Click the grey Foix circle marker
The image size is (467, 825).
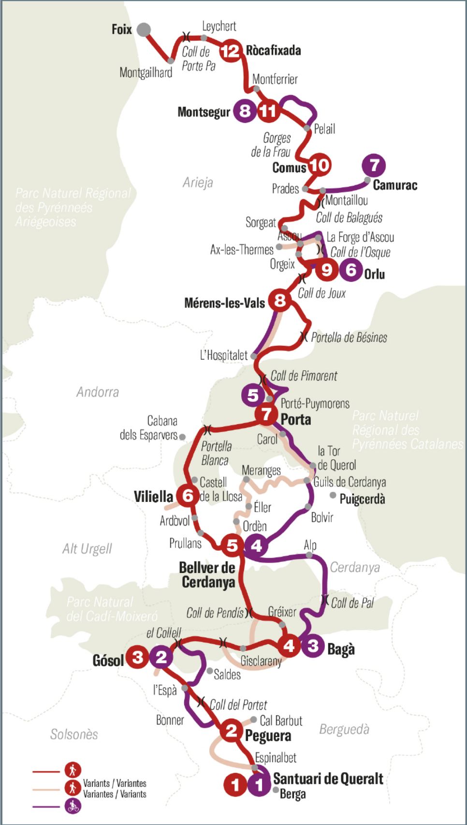tap(144, 30)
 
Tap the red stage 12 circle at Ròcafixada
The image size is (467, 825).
tap(230, 50)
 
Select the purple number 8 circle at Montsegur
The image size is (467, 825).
tap(245, 111)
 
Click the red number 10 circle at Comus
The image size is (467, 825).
tap(319, 165)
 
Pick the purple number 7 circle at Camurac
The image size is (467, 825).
tap(374, 165)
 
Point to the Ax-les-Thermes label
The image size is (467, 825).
tap(242, 250)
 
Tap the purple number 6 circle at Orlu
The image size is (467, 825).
tap(351, 269)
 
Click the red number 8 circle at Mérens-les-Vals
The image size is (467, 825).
tap(279, 301)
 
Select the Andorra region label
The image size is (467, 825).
tap(98, 392)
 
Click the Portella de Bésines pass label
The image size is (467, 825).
tap(349, 338)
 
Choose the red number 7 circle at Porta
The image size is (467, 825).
tap(266, 414)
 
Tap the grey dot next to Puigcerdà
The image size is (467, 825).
tap(333, 495)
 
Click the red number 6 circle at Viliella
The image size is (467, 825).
tap(188, 496)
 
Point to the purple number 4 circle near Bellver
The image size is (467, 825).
tap(256, 546)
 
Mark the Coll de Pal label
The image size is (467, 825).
tap(352, 603)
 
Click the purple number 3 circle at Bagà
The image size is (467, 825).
tap(313, 646)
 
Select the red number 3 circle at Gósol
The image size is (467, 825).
tap(138, 658)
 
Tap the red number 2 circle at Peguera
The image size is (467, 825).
tap(232, 731)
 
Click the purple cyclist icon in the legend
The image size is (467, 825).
tap(73, 806)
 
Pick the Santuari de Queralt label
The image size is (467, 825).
tap(328, 779)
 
